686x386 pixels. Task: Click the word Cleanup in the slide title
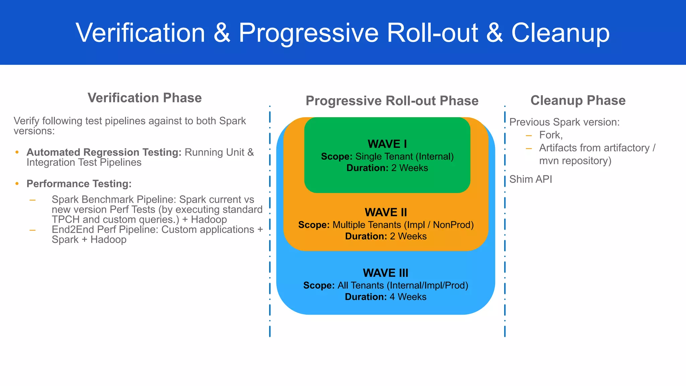(560, 33)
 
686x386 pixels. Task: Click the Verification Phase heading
(144, 98)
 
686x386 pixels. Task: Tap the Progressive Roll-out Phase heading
(392, 101)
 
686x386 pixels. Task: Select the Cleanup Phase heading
(578, 101)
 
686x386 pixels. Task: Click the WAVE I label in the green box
(387, 144)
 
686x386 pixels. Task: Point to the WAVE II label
(386, 212)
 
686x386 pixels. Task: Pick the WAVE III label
(386, 273)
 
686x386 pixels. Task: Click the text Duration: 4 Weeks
(386, 297)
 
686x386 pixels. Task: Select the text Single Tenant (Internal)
(404, 156)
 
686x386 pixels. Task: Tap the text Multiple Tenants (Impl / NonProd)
(403, 225)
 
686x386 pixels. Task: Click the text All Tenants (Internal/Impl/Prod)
(403, 285)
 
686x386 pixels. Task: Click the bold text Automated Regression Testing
(104, 152)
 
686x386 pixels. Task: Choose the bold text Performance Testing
(79, 184)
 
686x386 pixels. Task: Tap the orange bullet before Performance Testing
(17, 184)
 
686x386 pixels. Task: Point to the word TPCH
(66, 219)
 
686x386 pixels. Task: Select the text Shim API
(531, 179)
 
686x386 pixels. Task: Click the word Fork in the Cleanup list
(550, 135)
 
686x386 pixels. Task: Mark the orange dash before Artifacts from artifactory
(529, 148)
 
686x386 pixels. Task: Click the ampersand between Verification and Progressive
(222, 33)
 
